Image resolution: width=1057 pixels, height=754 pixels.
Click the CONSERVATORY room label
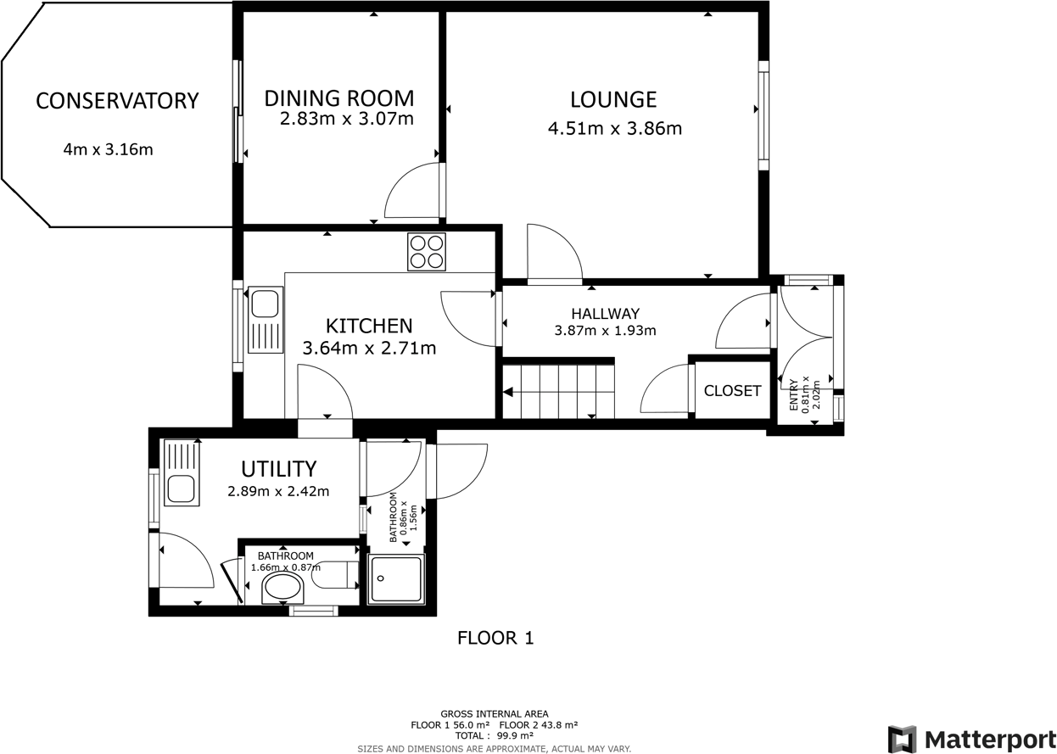(x=117, y=101)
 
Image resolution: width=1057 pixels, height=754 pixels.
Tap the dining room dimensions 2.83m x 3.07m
(x=346, y=119)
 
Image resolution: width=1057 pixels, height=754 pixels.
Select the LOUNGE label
(x=613, y=99)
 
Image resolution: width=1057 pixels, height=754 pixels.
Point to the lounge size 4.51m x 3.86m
(x=615, y=129)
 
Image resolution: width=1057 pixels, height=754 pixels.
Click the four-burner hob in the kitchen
(x=426, y=252)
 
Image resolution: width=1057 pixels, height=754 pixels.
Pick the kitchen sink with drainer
(x=265, y=321)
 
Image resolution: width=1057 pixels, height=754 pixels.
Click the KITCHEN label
(x=369, y=326)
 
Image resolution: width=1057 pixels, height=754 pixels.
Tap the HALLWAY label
(x=605, y=314)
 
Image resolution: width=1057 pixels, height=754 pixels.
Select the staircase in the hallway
(x=558, y=391)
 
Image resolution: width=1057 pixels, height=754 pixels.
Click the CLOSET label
(x=732, y=391)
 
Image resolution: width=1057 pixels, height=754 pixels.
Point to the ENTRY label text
(x=794, y=395)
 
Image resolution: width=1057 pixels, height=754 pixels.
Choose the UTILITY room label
(x=278, y=469)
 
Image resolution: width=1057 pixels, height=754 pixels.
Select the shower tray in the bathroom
(x=396, y=579)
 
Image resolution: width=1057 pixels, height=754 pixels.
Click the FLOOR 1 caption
(x=495, y=638)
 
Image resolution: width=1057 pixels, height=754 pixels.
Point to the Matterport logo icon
(x=902, y=739)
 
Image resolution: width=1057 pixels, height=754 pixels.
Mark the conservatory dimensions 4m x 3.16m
(x=108, y=150)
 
